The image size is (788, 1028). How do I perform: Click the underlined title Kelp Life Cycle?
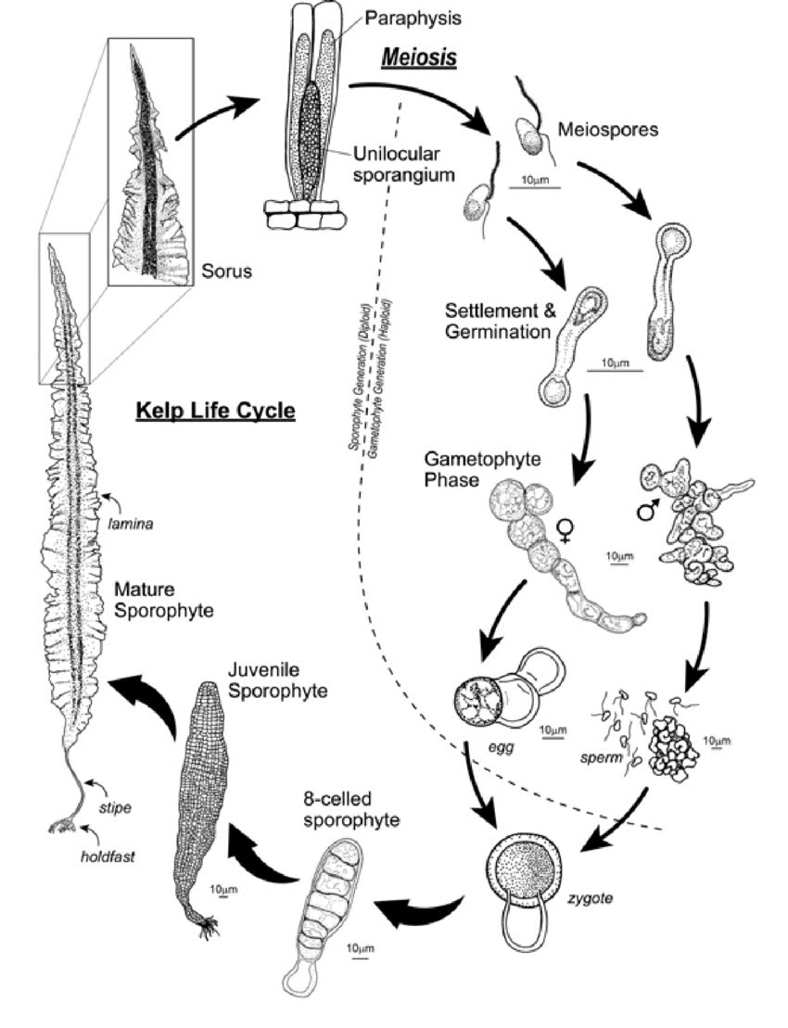pos(215,410)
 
